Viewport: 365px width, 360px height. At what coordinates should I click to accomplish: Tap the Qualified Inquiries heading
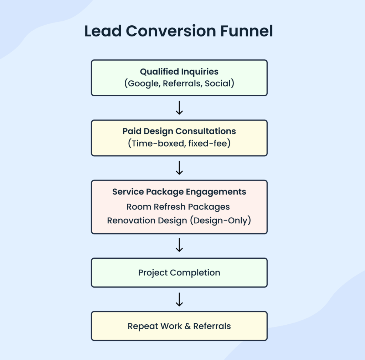179,71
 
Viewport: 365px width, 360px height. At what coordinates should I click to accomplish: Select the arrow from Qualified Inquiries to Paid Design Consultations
179,108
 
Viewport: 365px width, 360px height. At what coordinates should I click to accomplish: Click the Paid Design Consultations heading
179,131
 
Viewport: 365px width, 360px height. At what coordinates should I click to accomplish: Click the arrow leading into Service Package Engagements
179,168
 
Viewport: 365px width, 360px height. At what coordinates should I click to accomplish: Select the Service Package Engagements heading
179,192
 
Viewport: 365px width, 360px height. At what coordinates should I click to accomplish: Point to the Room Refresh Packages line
178,207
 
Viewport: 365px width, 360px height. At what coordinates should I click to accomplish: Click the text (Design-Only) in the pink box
220,220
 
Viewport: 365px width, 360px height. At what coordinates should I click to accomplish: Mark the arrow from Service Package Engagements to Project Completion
179,245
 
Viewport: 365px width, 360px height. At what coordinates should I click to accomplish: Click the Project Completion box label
179,273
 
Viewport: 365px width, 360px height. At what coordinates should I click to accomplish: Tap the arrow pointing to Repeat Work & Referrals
179,299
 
